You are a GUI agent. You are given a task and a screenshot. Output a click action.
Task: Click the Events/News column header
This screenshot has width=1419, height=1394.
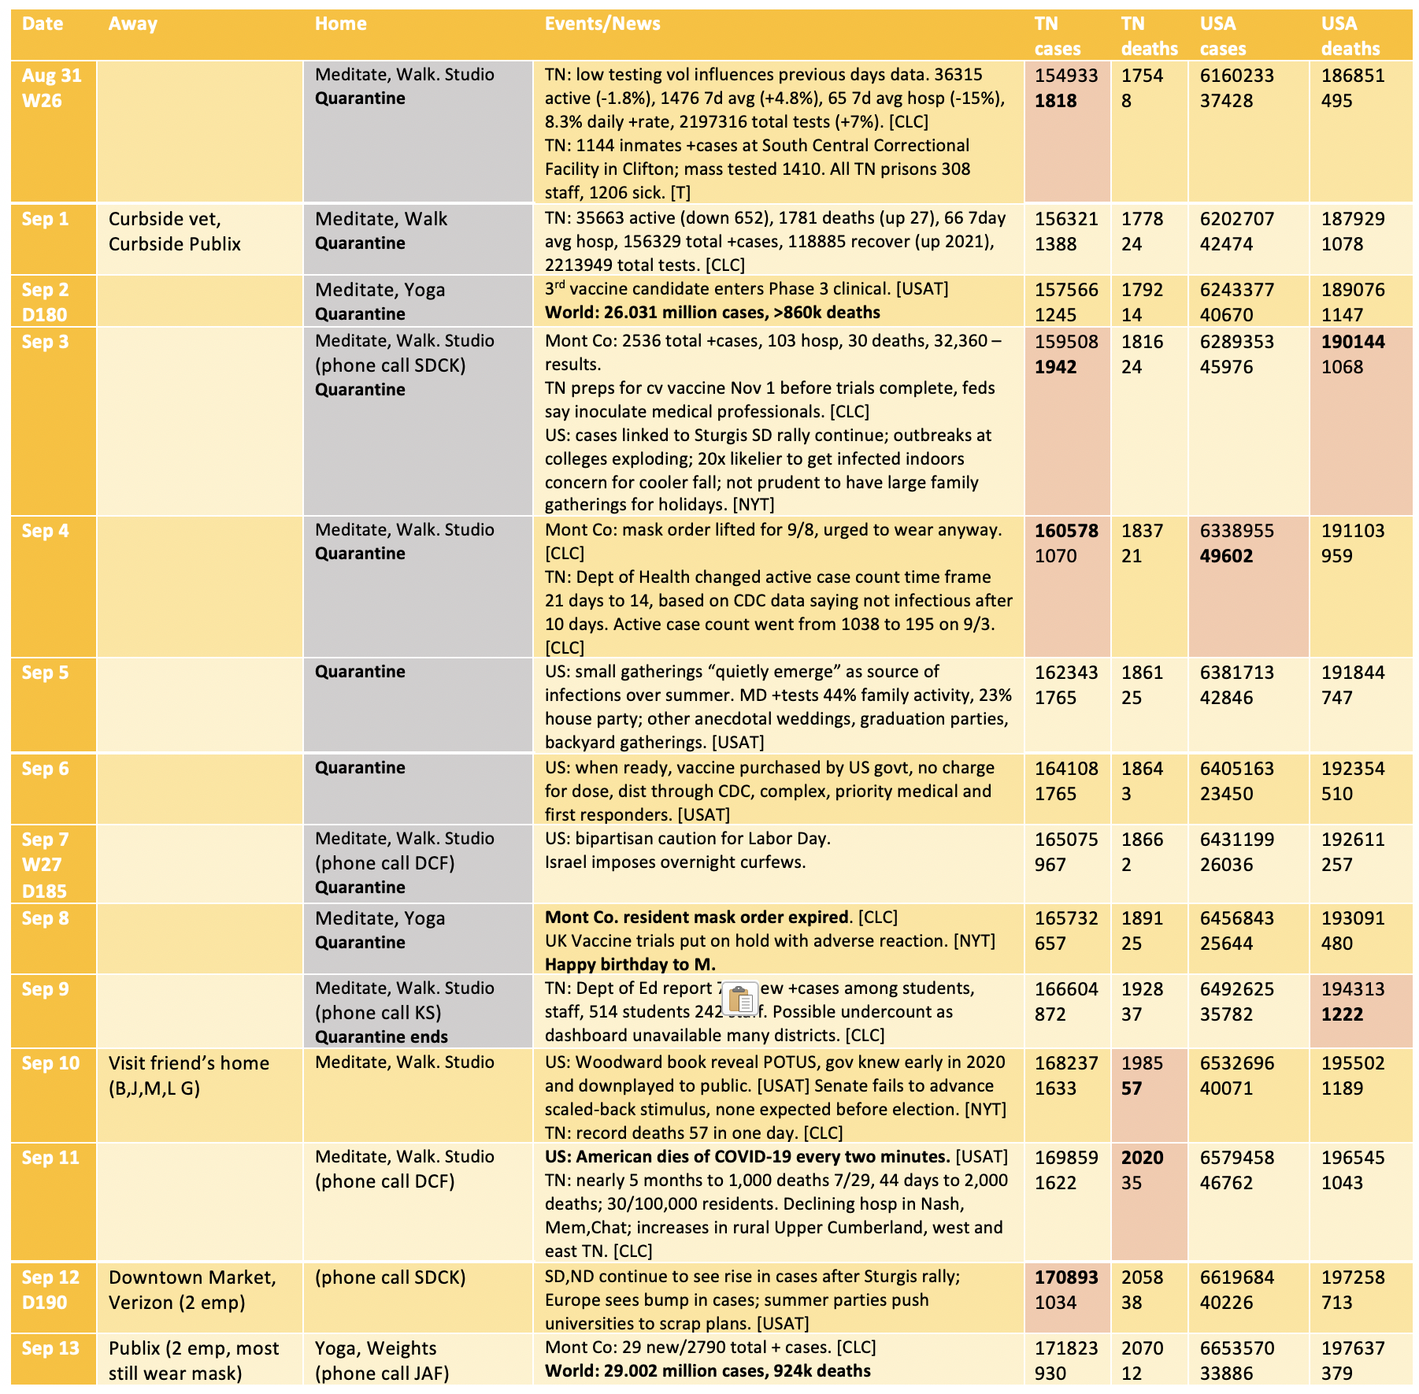[602, 24]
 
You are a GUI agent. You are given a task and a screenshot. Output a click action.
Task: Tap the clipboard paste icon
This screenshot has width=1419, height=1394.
[740, 999]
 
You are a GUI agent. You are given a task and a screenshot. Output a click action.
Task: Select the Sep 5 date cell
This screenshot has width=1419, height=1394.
[46, 673]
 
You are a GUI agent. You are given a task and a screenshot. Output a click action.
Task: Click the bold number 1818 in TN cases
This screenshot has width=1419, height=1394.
[1055, 101]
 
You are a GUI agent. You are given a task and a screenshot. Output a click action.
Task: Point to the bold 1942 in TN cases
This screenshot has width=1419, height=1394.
[1055, 367]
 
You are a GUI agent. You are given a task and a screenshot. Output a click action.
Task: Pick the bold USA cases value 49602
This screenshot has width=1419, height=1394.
[1226, 556]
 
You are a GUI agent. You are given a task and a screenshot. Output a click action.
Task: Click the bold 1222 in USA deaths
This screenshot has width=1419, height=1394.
[1342, 1014]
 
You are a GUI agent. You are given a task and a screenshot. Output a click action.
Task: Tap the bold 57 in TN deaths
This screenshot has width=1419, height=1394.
[1132, 1088]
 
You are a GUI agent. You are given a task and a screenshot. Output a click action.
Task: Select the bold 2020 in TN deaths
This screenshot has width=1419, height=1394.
[1142, 1158]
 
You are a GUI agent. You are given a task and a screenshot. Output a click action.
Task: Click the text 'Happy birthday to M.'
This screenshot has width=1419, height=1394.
[630, 964]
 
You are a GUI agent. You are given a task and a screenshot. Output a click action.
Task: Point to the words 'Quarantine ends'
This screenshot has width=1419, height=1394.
[381, 1037]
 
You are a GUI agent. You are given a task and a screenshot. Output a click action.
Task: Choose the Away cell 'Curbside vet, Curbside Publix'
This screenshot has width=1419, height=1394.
[175, 232]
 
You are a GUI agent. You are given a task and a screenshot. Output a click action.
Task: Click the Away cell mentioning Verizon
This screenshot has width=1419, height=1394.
[192, 1290]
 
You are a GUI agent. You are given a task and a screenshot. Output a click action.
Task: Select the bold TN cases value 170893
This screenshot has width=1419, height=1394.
[1065, 1277]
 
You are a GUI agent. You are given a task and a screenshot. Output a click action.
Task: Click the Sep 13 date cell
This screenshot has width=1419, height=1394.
[50, 1348]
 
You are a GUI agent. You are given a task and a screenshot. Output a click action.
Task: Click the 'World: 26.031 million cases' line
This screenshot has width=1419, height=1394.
[712, 313]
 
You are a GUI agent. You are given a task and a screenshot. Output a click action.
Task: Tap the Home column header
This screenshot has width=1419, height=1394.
[340, 24]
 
